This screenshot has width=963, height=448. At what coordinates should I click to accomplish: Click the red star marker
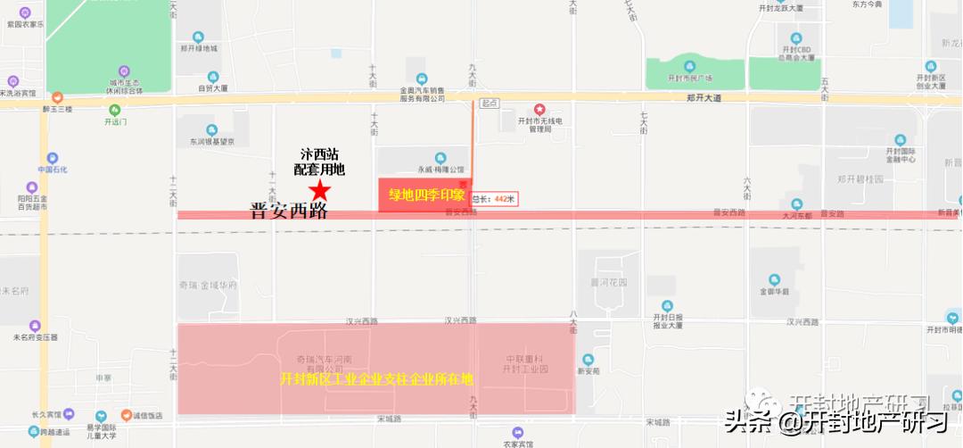320,190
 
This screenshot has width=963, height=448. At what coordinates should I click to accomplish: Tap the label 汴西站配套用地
319,162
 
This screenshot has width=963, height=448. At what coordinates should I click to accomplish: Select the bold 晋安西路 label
288,212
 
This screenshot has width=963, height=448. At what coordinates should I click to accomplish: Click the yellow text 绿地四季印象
423,195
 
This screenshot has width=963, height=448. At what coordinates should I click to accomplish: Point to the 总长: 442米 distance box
494,199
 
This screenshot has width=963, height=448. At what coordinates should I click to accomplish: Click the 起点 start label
489,103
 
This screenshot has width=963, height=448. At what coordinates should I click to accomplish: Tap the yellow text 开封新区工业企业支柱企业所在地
376,378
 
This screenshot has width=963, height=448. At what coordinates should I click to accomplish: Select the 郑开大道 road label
704,98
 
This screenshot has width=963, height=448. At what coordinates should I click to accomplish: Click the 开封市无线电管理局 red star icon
539,109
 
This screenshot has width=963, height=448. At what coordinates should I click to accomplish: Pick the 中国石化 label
53,170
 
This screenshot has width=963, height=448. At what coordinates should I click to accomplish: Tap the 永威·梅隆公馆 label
440,169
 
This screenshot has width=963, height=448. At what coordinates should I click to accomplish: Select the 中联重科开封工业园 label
523,363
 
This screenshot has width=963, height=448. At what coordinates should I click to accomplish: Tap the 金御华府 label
774,291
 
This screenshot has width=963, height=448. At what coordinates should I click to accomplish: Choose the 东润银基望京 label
211,141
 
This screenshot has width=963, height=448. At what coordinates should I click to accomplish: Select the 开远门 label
115,121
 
